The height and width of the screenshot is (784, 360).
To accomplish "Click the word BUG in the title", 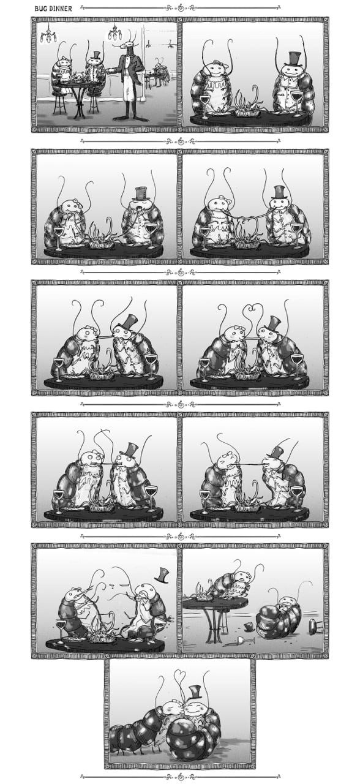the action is [40, 9].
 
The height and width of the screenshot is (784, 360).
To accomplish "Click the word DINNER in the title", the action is [61, 9].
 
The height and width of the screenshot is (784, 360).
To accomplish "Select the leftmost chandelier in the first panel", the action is [48, 35].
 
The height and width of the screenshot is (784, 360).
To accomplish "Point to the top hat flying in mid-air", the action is [162, 575].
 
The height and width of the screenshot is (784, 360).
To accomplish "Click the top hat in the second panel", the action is [294, 58].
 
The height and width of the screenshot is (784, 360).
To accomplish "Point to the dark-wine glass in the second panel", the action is [297, 102].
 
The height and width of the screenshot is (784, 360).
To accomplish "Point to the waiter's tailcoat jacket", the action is [130, 70].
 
